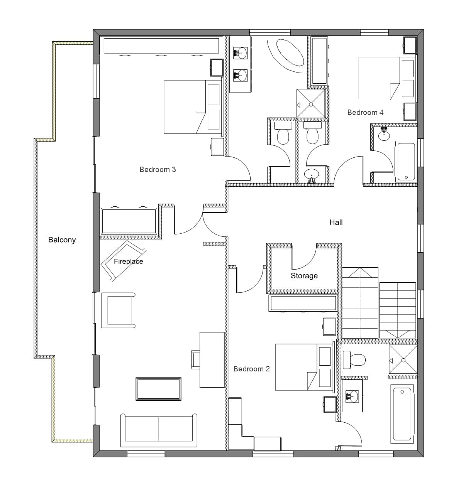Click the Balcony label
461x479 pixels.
[x=62, y=240]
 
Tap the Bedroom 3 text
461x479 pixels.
[x=158, y=169]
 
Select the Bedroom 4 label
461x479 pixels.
[x=365, y=113]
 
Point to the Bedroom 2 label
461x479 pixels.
[x=252, y=369]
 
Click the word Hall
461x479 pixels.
[x=336, y=222]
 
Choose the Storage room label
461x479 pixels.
[x=304, y=276]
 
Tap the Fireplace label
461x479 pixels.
[x=128, y=261]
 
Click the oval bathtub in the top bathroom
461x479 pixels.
[x=290, y=52]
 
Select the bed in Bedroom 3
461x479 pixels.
[x=193, y=107]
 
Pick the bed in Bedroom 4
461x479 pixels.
[x=386, y=79]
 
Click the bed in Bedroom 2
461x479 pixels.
[x=304, y=367]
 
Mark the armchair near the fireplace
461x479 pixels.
[x=119, y=310]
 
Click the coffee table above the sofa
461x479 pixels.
[x=158, y=389]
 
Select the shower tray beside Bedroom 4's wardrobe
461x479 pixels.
[x=311, y=103]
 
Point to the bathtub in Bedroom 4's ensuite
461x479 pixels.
[x=406, y=162]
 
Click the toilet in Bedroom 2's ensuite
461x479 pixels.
[x=354, y=360]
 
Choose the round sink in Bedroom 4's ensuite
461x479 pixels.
[x=384, y=135]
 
